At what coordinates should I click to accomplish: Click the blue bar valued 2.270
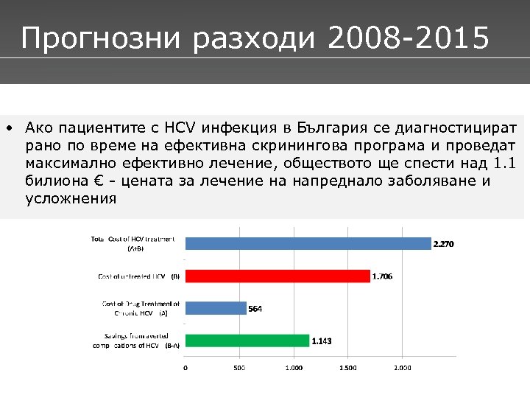pyautogui.click(x=308, y=243)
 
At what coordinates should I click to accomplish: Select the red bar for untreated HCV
pyautogui.click(x=278, y=276)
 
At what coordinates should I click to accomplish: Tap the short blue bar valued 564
pyautogui.click(x=216, y=308)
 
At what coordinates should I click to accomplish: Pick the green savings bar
pyautogui.click(x=247, y=341)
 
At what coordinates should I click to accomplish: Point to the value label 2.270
pyautogui.click(x=443, y=244)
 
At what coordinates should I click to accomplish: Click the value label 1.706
pyautogui.click(x=382, y=276)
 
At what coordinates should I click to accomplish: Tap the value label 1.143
pyautogui.click(x=321, y=341)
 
